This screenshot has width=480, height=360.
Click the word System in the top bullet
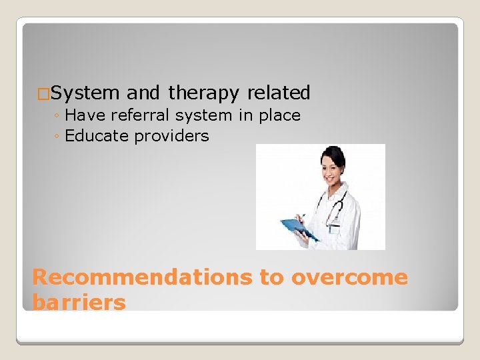click(x=84, y=93)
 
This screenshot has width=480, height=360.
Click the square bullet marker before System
click(x=43, y=94)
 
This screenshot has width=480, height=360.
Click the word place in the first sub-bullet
click(x=279, y=116)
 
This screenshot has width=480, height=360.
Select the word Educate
click(x=97, y=136)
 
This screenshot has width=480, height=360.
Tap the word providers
click(x=171, y=137)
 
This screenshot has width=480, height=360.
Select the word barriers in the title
click(x=79, y=302)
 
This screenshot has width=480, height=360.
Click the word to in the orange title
click(x=271, y=277)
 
